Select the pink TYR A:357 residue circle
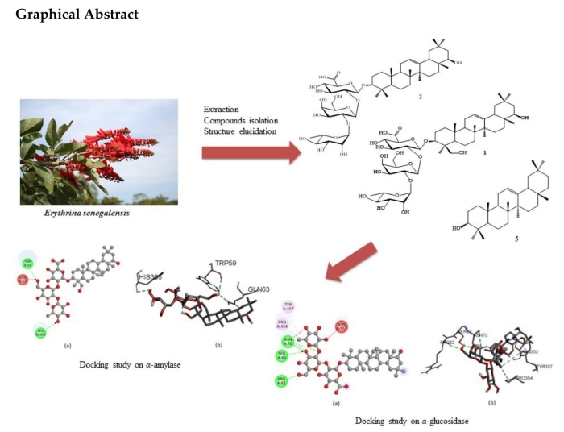coord(288,307)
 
